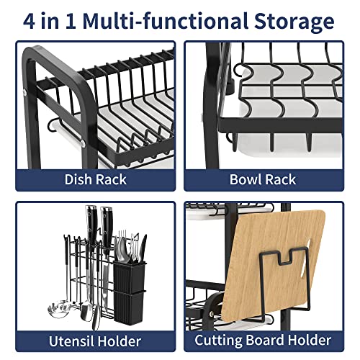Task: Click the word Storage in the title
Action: [294, 22]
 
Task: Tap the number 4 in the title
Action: [29, 21]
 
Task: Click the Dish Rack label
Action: [95, 179]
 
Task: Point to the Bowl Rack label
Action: [263, 179]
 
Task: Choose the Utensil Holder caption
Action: [95, 341]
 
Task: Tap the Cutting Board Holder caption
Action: [263, 340]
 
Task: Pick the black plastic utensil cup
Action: [130, 292]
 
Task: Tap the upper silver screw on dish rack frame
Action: [25, 93]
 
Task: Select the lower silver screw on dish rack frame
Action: [83, 143]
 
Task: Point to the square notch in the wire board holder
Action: [285, 258]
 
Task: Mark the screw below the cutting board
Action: [212, 314]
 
